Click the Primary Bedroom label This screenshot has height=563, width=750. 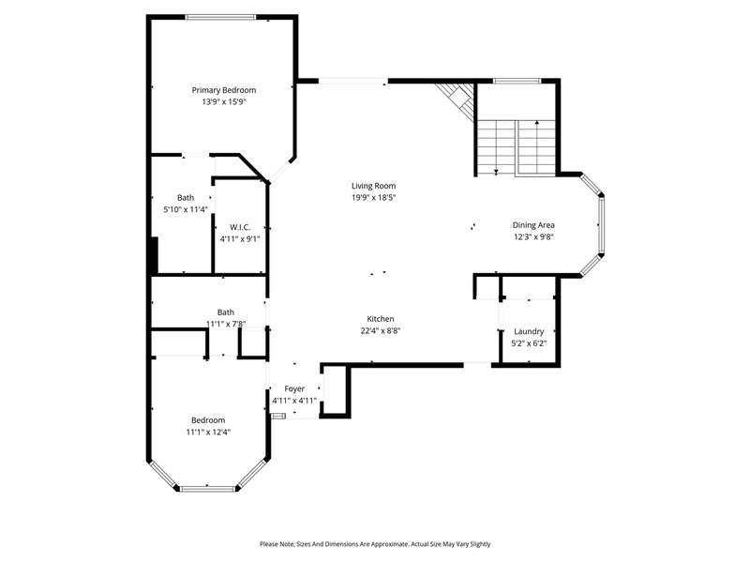pos(224,90)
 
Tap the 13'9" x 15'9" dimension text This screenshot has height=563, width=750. pos(224,102)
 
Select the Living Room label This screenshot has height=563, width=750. pos(373,186)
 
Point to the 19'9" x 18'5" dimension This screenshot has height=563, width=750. pos(373,198)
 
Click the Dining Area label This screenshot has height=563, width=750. pos(533,225)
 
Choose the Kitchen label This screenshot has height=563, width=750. pos(381,319)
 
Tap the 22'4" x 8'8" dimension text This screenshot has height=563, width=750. pos(381,331)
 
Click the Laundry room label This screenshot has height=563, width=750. pos(529,332)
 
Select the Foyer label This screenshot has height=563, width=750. pos(294,388)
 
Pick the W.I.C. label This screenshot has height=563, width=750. pos(240,227)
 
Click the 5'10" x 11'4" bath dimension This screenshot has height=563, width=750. pos(186,209)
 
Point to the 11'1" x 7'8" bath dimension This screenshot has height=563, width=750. pos(226,324)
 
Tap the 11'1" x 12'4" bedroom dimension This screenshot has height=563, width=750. pos(208,433)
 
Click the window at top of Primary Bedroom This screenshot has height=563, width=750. pos(221,17)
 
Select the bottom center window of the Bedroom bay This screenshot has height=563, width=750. pos(208,489)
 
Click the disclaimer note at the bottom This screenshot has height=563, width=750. pos(375,544)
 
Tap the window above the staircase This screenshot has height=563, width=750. pos(517,81)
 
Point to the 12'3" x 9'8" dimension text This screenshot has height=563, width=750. pos(533,237)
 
